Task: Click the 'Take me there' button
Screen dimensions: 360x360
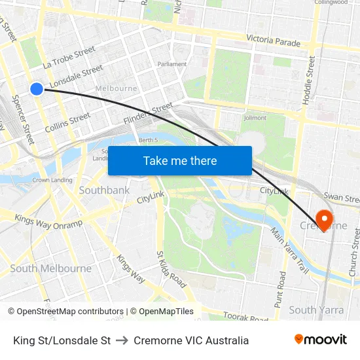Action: (x=180, y=160)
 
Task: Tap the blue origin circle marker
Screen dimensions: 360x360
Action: (x=37, y=88)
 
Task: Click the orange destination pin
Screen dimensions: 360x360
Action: (x=323, y=219)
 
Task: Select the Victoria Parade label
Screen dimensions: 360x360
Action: (x=274, y=42)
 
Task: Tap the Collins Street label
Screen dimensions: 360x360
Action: (x=67, y=122)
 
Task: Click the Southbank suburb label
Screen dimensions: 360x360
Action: (x=104, y=190)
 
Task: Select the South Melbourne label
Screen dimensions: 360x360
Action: (x=51, y=268)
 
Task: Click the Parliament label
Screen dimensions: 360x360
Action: (x=172, y=64)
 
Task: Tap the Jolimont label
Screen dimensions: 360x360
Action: (x=255, y=118)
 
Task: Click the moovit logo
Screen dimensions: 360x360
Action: (x=321, y=340)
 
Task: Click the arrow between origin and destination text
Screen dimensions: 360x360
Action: (x=122, y=340)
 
